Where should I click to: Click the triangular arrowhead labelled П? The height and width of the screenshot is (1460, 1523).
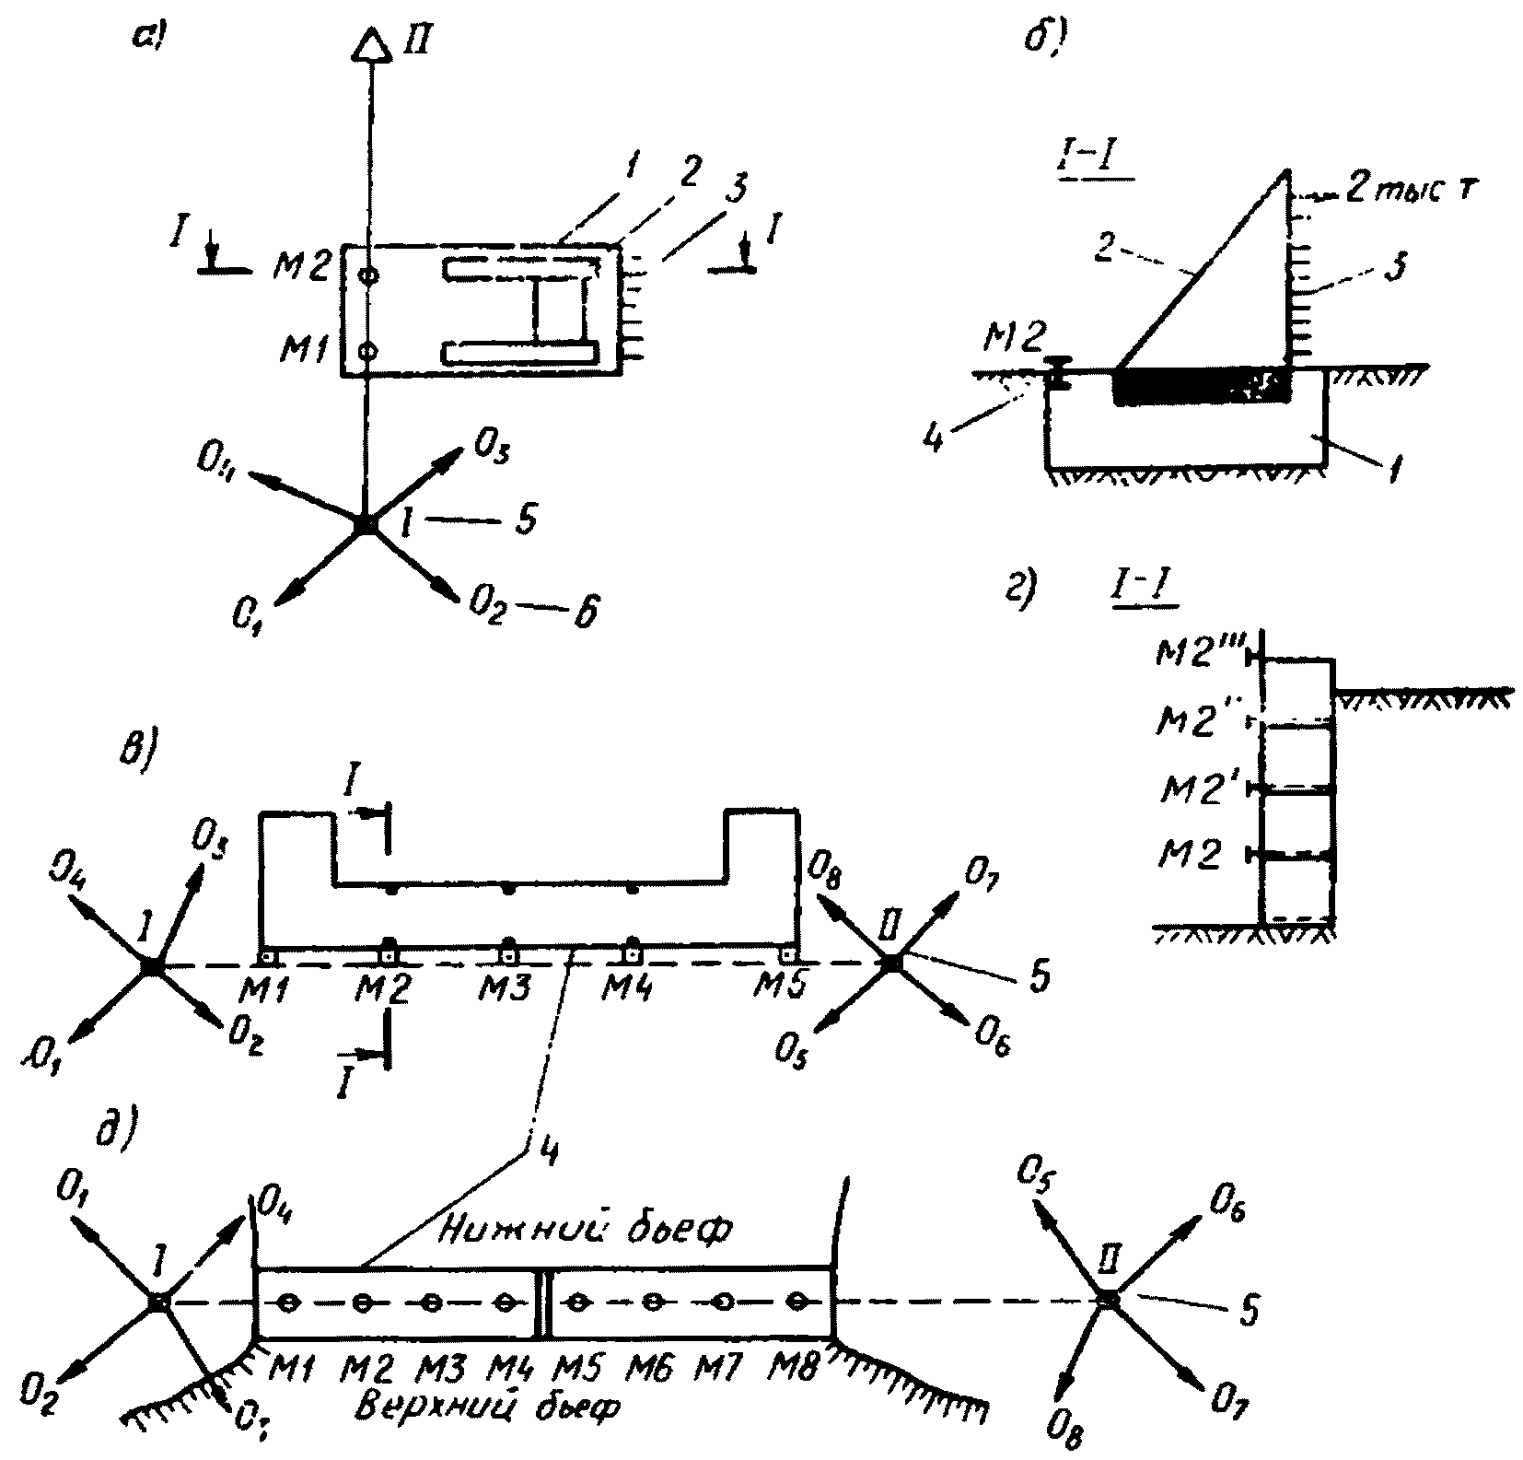[x=369, y=44]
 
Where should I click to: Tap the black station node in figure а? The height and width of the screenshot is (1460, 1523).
[x=366, y=523]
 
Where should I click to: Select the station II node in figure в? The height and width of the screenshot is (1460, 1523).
[x=891, y=963]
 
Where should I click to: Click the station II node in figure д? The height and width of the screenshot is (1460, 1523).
[x=1109, y=1301]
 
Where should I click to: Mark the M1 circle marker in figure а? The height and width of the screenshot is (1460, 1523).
[x=367, y=350]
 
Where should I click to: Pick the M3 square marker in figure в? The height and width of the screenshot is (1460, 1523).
[x=507, y=949]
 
